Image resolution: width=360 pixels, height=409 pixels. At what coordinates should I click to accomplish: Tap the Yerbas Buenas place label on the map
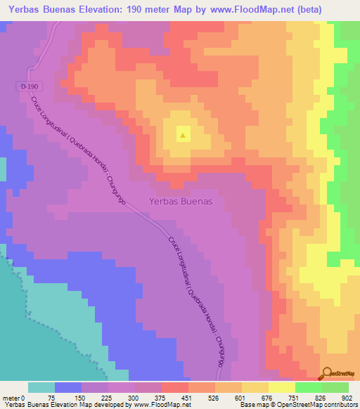pos(181,200)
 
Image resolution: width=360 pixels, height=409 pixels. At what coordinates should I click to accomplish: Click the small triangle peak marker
pos(183,136)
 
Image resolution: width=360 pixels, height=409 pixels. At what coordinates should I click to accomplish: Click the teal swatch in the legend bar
pos(41,387)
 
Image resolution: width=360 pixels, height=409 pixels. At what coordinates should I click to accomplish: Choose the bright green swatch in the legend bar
pos(309,387)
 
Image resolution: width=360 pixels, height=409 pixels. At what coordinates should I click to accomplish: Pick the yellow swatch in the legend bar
pos(282,387)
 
